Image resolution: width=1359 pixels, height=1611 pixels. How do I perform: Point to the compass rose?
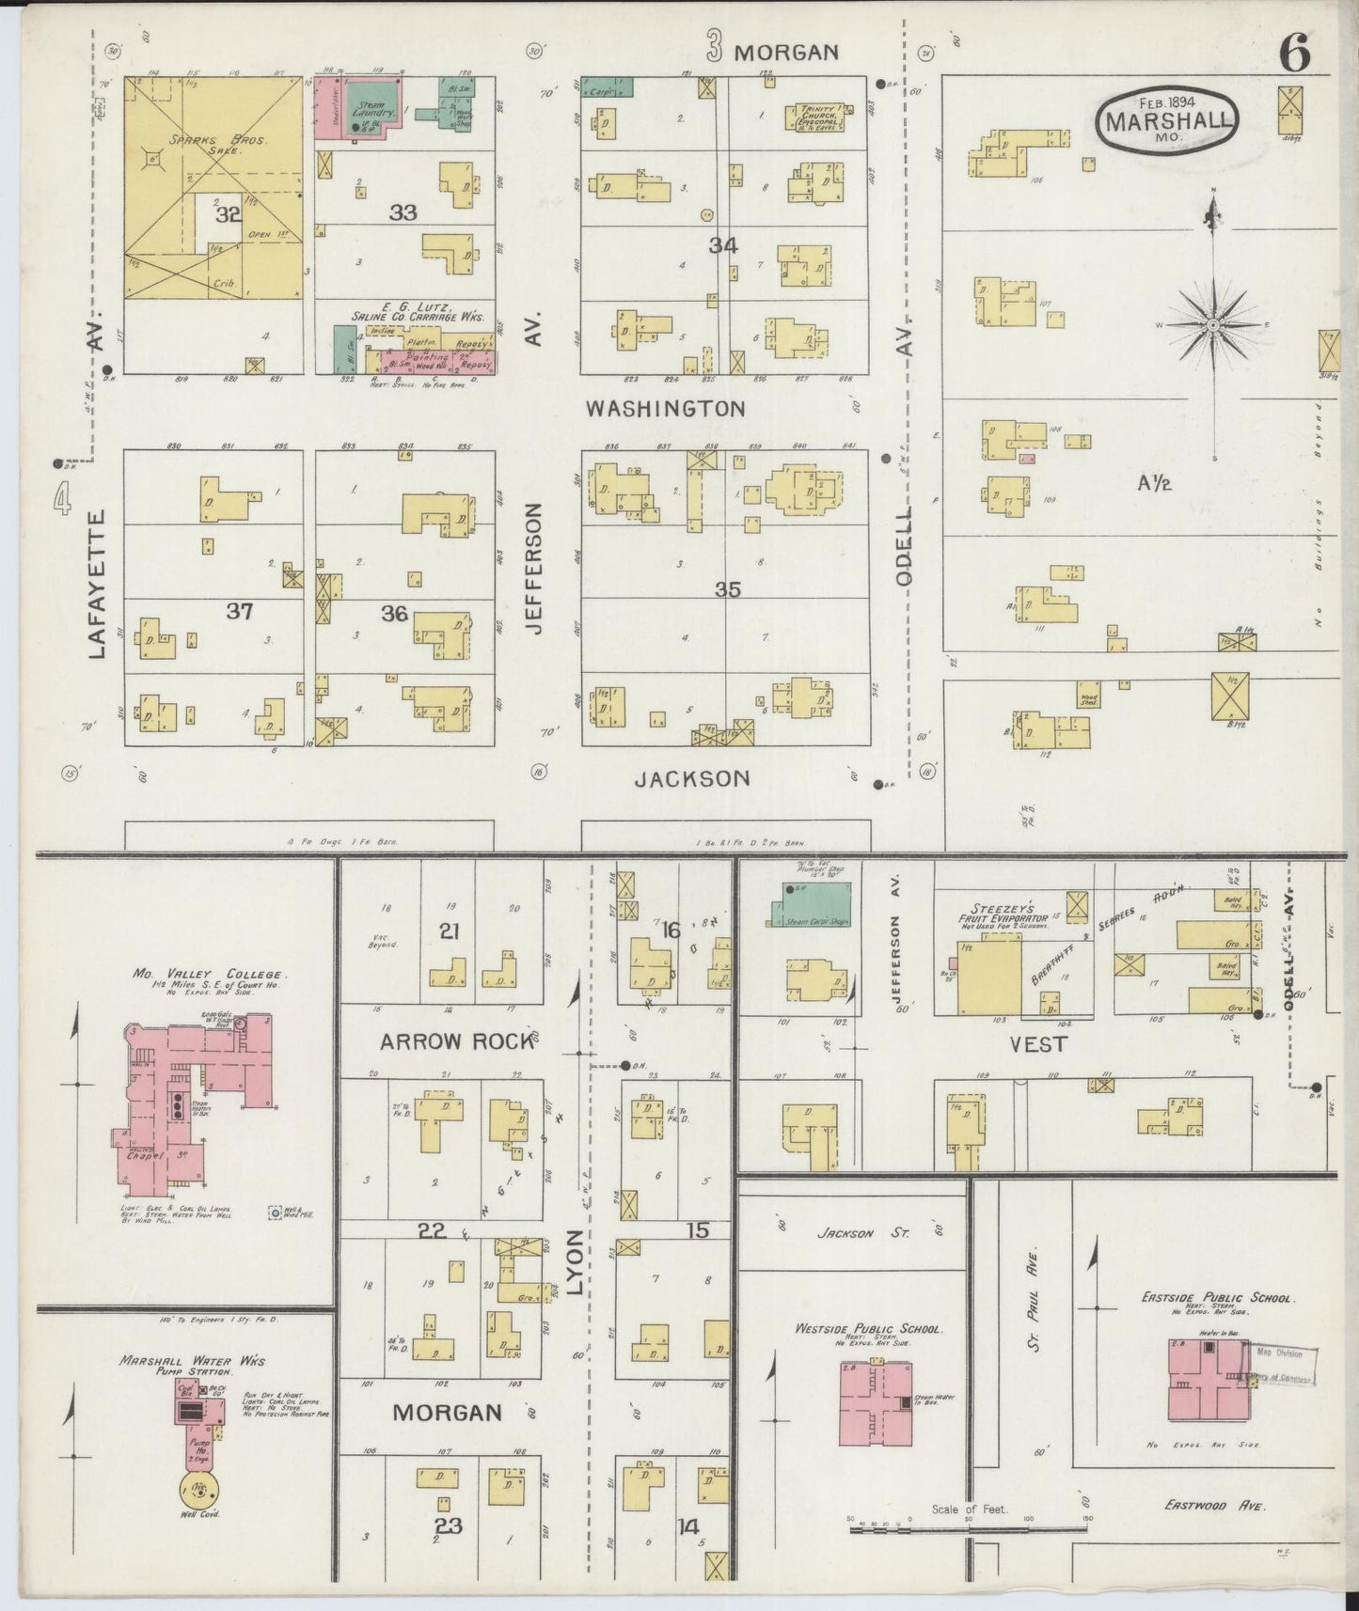pyautogui.click(x=1213, y=324)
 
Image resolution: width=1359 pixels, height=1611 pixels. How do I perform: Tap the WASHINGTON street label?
pyautogui.click(x=665, y=409)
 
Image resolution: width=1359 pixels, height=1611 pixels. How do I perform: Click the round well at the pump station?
pyautogui.click(x=199, y=1488)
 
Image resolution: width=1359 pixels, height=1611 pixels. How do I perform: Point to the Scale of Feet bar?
pyautogui.click(x=969, y=1529)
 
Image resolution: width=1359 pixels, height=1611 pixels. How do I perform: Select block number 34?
pyautogui.click(x=723, y=245)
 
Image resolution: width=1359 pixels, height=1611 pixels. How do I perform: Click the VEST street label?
pyautogui.click(x=1038, y=1044)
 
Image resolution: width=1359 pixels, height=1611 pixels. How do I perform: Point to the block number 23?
pyautogui.click(x=449, y=1525)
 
